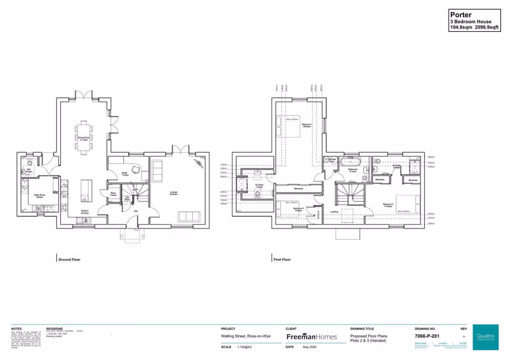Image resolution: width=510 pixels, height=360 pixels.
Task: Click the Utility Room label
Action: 39,196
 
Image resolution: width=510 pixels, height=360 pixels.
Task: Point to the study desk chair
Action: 135,169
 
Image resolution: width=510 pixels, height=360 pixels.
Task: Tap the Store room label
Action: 113,194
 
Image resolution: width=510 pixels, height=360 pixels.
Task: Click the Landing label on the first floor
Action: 334,212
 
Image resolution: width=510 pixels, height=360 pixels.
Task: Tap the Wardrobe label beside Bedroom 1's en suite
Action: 298,188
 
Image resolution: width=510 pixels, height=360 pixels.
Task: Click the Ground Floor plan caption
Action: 69,260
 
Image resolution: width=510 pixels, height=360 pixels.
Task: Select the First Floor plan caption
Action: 282,260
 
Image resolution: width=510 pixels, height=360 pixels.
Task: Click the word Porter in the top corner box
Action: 459,15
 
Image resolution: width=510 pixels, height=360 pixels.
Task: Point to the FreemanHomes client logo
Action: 310,336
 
